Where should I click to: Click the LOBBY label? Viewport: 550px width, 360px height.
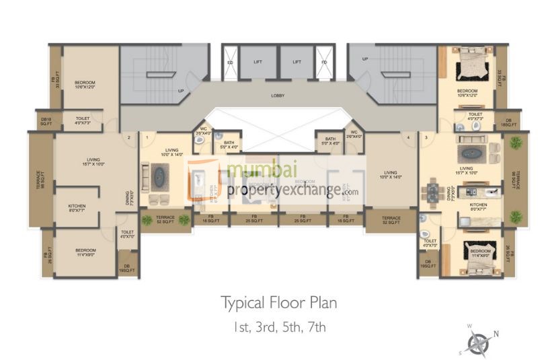coord(277,96)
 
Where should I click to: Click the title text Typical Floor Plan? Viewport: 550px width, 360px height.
coord(279,303)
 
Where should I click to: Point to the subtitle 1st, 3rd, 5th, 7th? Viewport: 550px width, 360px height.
coord(279,328)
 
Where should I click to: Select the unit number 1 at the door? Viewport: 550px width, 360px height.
coord(147,137)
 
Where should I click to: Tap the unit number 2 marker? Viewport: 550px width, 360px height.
coord(128,137)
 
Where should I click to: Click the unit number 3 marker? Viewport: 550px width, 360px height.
coord(426,137)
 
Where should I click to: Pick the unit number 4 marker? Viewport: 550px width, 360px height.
coord(407,137)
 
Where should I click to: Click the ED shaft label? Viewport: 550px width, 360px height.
coord(230,62)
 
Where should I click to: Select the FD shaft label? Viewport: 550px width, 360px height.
coord(324,62)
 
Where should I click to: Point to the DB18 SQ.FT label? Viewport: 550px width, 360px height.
coord(46,122)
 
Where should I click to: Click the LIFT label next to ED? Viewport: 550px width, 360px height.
coord(258,62)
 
